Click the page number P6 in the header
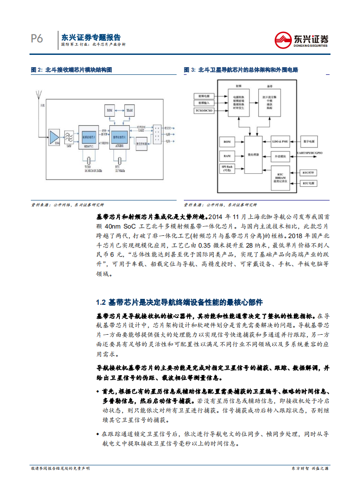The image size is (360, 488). click(x=37, y=39)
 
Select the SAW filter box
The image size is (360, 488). click(x=69, y=137)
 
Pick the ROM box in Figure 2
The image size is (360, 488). click(x=109, y=110)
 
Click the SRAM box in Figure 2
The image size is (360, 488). click(x=129, y=110)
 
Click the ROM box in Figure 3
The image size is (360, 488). click(x=227, y=142)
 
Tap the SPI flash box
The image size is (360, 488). click(x=227, y=169)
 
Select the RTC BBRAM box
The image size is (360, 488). click(x=280, y=177)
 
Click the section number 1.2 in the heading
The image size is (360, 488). click(x=101, y=303)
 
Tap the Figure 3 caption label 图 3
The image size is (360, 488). click(x=189, y=70)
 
